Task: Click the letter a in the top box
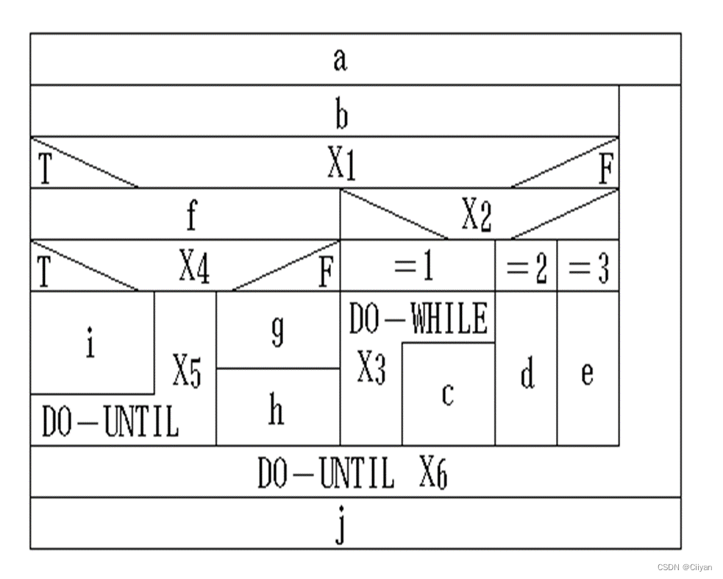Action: [339, 60]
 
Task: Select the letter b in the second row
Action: [341, 115]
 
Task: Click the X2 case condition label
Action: [477, 216]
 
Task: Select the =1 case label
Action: [414, 269]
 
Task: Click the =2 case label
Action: [527, 270]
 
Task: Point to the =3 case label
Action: [588, 270]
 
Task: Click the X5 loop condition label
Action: [187, 373]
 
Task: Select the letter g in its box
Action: [277, 333]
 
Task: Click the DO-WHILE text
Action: [418, 319]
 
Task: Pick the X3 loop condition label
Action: [371, 368]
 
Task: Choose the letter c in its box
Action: [447, 395]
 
